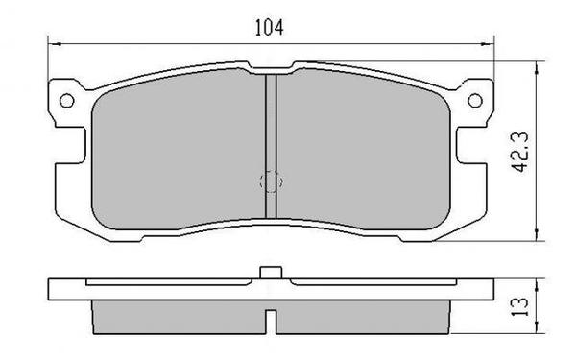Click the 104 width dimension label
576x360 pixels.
click(269, 28)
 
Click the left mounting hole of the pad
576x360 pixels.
click(66, 98)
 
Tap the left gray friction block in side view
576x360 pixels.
click(178, 312)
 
